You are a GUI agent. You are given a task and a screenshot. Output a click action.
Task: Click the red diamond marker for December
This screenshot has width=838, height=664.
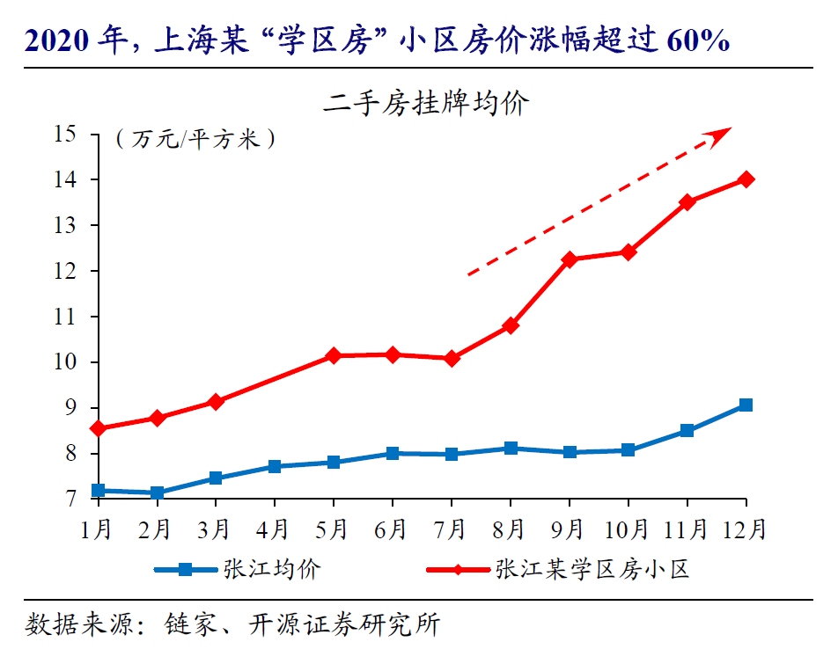(746, 179)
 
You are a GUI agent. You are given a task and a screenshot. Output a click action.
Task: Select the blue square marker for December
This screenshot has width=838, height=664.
(746, 405)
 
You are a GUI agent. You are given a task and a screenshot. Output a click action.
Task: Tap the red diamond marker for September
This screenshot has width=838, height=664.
(569, 259)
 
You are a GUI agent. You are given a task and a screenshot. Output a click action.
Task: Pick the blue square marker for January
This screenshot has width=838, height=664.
(98, 491)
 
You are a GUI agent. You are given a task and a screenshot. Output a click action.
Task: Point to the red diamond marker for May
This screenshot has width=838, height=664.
(334, 356)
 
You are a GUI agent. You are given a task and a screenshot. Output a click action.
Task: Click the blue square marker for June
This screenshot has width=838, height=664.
(392, 454)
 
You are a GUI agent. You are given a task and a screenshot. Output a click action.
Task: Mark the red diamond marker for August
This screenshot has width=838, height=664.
(511, 326)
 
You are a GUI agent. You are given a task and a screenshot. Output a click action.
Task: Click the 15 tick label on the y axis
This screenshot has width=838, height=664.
(65, 135)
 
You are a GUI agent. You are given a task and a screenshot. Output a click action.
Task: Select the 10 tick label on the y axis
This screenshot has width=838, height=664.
(65, 362)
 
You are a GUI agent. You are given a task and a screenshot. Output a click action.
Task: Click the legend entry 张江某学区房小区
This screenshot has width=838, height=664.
(592, 569)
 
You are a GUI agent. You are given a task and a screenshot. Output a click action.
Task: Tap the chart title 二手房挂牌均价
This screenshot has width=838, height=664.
(425, 103)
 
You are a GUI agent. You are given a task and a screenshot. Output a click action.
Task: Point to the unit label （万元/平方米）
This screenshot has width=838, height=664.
(195, 139)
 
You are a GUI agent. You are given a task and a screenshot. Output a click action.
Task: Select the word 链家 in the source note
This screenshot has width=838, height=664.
(185, 625)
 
